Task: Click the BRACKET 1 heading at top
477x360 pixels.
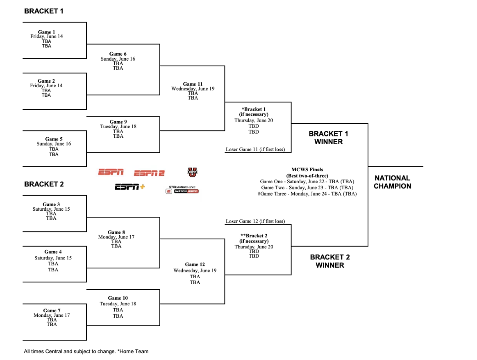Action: point(44,11)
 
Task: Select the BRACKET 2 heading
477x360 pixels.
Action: point(44,184)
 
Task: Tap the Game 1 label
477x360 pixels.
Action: point(46,32)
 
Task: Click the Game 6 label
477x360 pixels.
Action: point(118,54)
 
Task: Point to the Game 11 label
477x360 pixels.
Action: point(193,84)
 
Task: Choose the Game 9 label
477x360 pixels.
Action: point(118,122)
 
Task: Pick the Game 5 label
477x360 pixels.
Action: point(54,139)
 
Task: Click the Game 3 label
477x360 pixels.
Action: point(51,204)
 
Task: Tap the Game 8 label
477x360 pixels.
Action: point(116,232)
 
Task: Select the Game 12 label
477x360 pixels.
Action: point(195,264)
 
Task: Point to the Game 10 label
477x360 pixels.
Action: point(118,298)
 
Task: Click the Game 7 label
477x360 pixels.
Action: point(52,310)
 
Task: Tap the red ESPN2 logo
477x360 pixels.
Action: point(149,173)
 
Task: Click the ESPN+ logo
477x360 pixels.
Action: point(129,187)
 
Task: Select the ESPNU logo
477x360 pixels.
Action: point(192,172)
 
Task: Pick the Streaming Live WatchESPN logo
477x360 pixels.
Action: point(182,190)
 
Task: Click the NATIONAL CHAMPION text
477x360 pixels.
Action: point(393,182)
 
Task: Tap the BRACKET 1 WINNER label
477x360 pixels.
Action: point(328,138)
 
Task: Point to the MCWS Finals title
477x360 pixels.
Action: point(307,170)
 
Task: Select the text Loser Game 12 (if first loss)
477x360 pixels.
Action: point(255,221)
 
